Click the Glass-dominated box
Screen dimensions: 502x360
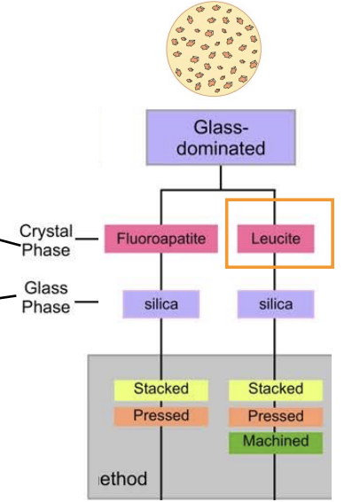pos(220,137)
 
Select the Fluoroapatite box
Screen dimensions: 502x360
pos(160,239)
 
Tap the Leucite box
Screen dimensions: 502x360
pos(276,239)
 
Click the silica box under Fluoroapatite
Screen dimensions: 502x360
pos(160,304)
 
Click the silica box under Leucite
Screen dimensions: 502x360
pos(276,304)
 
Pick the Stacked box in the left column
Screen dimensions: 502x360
pos(160,389)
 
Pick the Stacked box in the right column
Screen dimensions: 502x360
pos(276,389)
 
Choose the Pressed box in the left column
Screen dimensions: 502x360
pos(160,415)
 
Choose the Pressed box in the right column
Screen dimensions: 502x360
pos(276,415)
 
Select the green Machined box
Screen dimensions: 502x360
pos(276,441)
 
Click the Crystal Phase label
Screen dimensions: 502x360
pos(45,240)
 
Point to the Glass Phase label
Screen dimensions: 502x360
pos(46,298)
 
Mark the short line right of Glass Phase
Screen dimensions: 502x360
pos(85,302)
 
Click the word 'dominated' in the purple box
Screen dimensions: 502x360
pos(221,148)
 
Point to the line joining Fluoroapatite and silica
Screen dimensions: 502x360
pos(160,271)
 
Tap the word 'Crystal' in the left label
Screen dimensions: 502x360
pos(45,231)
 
